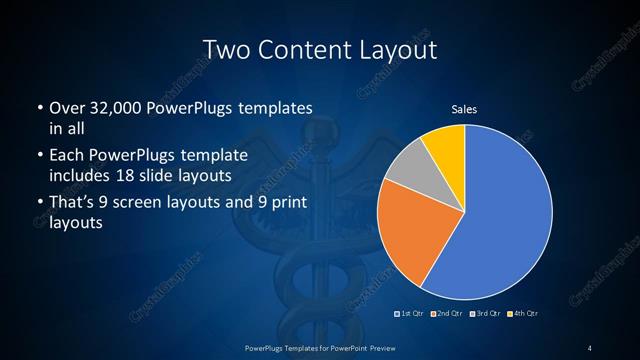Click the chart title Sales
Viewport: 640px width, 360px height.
point(464,109)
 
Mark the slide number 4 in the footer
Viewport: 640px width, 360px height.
point(590,347)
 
